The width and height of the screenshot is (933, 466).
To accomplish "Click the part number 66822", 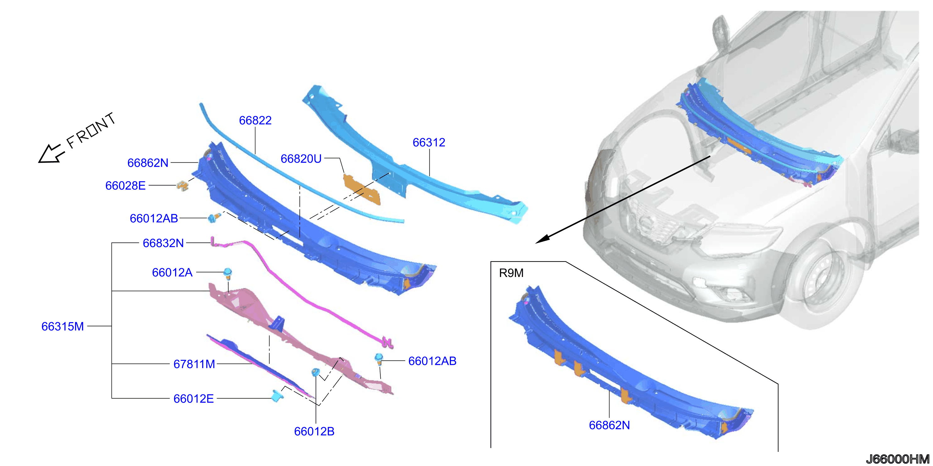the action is [255, 120].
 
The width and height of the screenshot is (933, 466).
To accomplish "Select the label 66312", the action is [429, 142].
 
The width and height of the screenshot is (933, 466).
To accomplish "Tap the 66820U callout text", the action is [301, 159].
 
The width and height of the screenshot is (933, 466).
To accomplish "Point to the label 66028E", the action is [125, 185].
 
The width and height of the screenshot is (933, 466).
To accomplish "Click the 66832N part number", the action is [163, 243].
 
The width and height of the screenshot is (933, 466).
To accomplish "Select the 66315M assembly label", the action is [63, 326].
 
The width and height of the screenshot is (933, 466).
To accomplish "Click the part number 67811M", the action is [194, 364].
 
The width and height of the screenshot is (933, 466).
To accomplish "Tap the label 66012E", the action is [193, 398].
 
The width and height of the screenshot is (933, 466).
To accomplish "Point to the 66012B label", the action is [314, 431].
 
